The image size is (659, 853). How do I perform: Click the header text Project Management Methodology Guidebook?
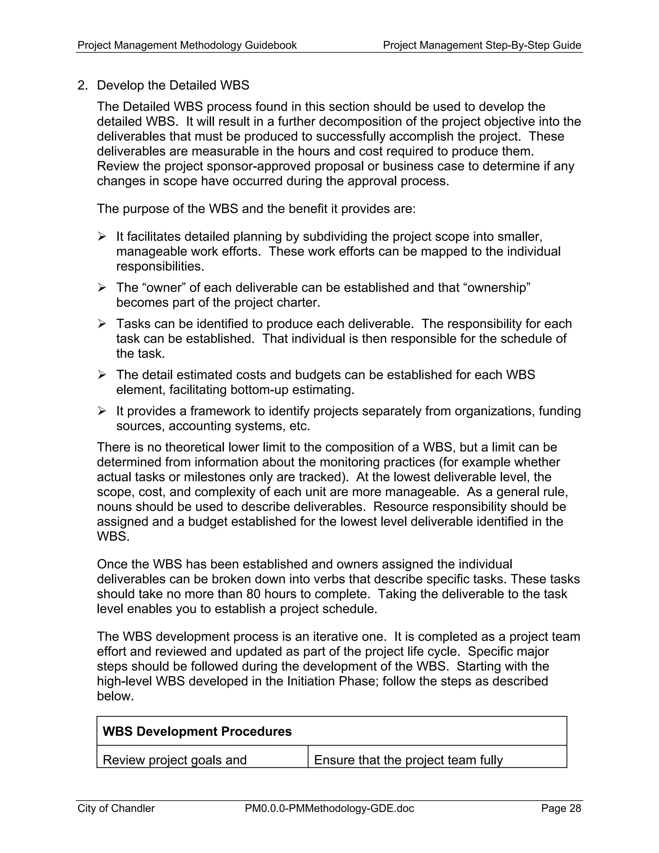pyautogui.click(x=187, y=45)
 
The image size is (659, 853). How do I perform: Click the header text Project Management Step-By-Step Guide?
pyautogui.click(x=482, y=45)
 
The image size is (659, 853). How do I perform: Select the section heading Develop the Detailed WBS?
pyautogui.click(x=173, y=85)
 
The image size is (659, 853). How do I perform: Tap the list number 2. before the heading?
pyautogui.click(x=82, y=85)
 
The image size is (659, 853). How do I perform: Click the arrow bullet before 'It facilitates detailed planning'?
pyautogui.click(x=102, y=236)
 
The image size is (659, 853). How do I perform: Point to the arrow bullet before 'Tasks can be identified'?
pyautogui.click(x=102, y=323)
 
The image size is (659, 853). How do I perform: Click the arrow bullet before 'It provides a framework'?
pyautogui.click(x=102, y=411)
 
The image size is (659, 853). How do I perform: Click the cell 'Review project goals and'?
pyautogui.click(x=174, y=760)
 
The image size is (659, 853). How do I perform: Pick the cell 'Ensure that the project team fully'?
pyautogui.click(x=408, y=760)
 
